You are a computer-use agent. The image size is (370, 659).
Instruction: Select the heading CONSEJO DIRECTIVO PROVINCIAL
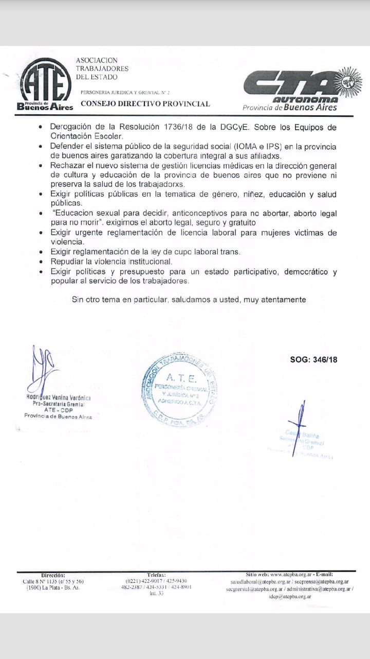(145, 103)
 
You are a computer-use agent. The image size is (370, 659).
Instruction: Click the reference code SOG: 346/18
(313, 360)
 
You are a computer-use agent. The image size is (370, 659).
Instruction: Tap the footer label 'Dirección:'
(52, 575)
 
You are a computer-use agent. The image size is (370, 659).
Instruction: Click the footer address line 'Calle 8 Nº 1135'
(53, 581)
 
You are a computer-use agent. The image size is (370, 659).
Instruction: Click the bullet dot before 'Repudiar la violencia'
(41, 262)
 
